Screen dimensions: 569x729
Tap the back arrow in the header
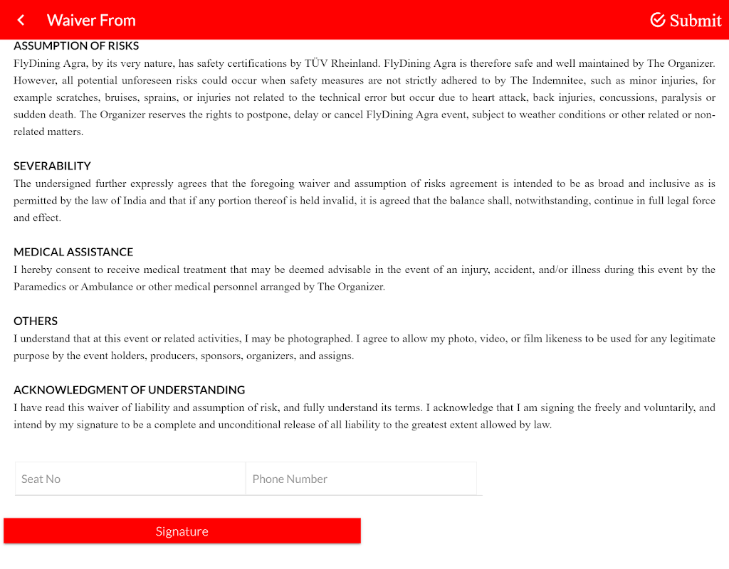pos(21,20)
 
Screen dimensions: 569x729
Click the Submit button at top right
pos(686,20)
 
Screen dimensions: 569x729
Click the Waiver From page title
pos(91,20)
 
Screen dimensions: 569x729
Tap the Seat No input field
pos(130,479)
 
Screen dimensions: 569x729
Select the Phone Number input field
pos(361,479)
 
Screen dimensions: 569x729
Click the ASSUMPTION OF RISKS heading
pos(76,46)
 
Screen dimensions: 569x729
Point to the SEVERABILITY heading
pos(52,166)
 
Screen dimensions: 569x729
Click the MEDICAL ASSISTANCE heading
pos(73,252)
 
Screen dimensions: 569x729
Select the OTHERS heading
pos(36,321)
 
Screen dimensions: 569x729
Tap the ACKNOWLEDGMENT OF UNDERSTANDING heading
pos(129,390)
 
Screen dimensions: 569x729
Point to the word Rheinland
pos(357,63)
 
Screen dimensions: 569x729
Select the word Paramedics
pos(38,287)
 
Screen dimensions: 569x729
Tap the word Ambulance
pos(107,287)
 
